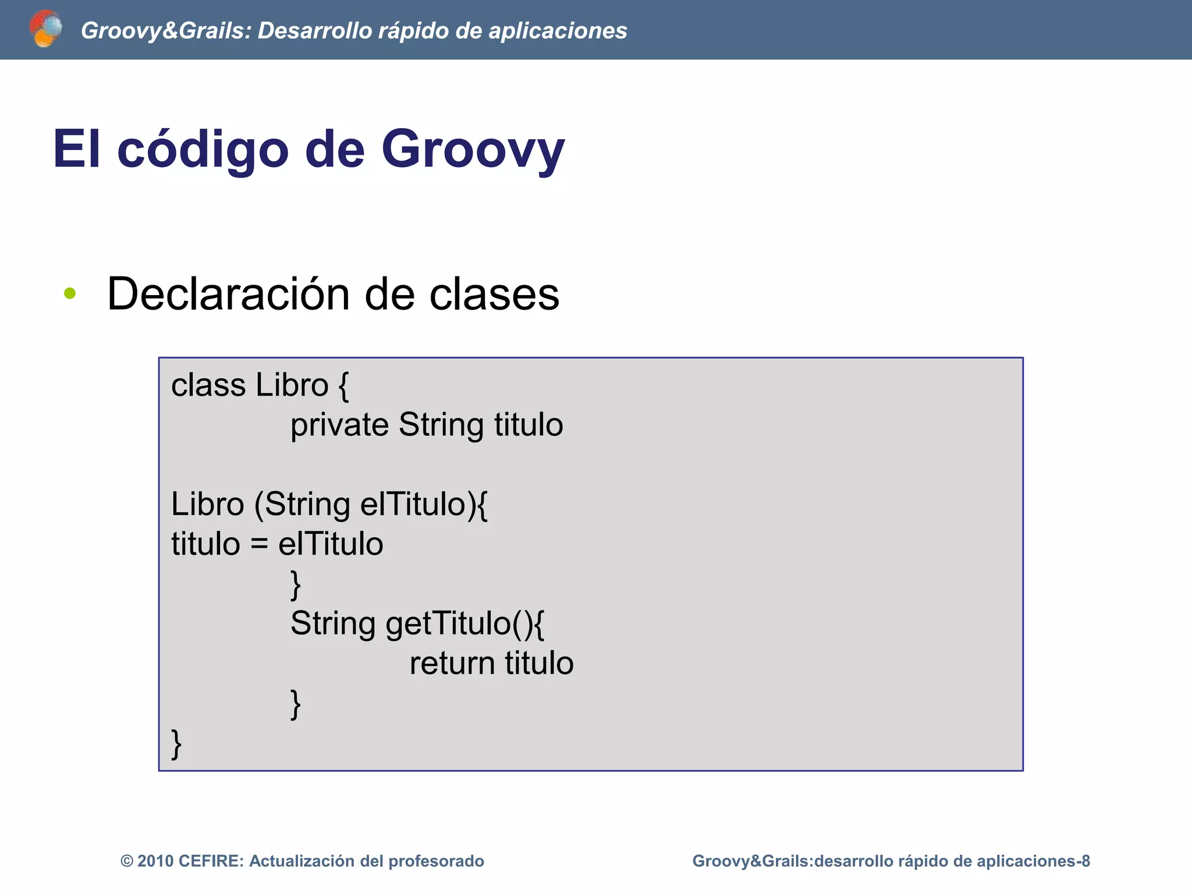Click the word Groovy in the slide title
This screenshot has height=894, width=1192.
(473, 150)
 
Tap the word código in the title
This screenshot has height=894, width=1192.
(203, 150)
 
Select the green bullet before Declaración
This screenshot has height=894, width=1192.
(70, 293)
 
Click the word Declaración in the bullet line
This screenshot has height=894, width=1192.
(228, 294)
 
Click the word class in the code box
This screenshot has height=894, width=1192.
(208, 385)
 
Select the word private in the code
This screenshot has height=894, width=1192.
(339, 425)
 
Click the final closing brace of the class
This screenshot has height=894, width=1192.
(176, 744)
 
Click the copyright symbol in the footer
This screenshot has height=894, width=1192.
(127, 861)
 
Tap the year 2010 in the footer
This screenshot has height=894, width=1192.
(155, 861)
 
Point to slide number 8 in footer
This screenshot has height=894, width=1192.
(1085, 861)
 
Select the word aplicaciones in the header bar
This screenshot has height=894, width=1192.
(557, 31)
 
